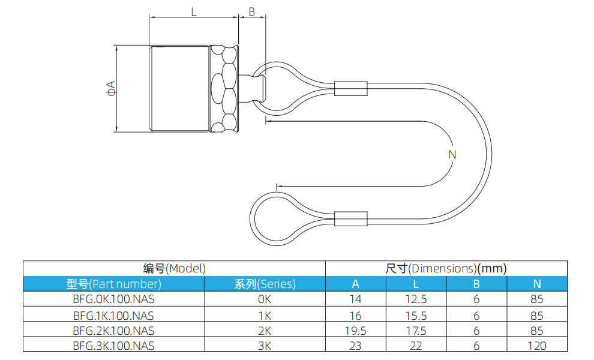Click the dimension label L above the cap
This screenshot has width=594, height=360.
click(193, 11)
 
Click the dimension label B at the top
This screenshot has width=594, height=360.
click(251, 11)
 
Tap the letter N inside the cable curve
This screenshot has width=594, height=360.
click(452, 154)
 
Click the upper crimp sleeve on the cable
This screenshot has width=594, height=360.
click(351, 89)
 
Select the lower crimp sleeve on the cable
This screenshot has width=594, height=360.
click(350, 219)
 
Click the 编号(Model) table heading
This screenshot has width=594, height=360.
click(174, 268)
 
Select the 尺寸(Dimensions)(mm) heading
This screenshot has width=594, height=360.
click(446, 268)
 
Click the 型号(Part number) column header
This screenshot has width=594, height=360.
click(113, 284)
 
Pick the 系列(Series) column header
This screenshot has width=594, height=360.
click(265, 284)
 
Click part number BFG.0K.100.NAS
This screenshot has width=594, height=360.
click(113, 299)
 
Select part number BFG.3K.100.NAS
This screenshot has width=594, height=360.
click(113, 345)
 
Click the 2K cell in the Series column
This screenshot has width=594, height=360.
click(265, 330)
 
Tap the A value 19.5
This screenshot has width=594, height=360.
click(356, 330)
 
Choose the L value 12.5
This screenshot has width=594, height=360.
click(416, 299)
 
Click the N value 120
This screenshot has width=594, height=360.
click(537, 345)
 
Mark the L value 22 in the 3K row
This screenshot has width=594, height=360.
click(416, 345)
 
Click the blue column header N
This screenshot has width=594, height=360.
click(537, 284)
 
